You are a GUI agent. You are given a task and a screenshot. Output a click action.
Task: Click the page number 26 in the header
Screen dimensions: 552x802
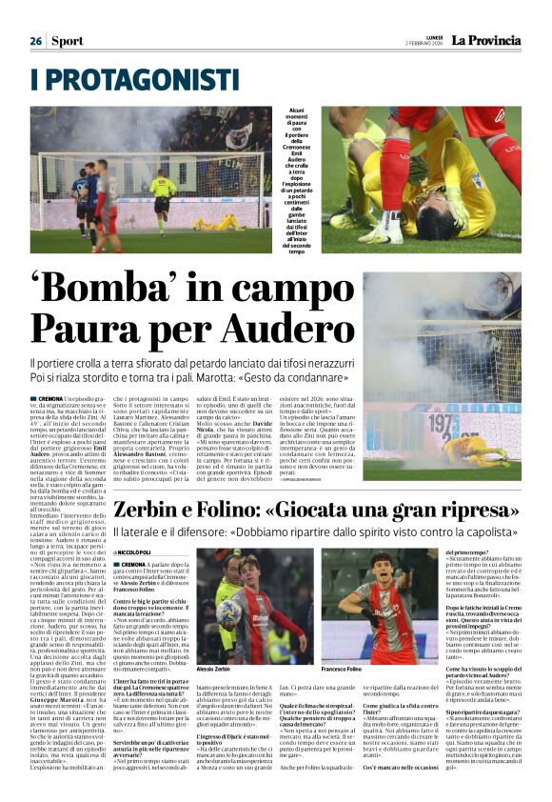pyautogui.click(x=35, y=41)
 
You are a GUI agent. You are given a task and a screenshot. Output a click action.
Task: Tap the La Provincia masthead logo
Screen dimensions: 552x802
pyautogui.click(x=485, y=41)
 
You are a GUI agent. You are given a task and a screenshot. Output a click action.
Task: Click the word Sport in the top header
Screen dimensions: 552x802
pyautogui.click(x=68, y=41)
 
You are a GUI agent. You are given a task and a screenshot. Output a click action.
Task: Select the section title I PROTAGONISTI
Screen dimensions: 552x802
pyautogui.click(x=135, y=79)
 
